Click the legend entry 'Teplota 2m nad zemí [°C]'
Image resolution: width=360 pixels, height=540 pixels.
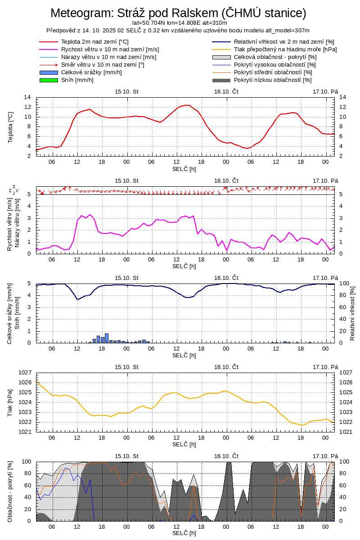tap(94, 42)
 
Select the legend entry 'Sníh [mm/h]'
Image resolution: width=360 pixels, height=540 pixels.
tap(77, 80)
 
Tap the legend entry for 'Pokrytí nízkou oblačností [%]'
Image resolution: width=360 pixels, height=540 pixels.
tap(273, 80)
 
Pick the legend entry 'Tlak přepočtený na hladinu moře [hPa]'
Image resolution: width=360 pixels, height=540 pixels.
tap(285, 49)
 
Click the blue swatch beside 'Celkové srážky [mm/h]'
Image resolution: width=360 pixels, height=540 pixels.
tap(49, 72)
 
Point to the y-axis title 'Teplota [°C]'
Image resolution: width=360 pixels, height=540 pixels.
tap(10, 127)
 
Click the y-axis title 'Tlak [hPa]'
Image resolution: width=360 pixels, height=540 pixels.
tap(10, 402)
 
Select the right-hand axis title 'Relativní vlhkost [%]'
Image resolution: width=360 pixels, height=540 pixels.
tap(352, 313)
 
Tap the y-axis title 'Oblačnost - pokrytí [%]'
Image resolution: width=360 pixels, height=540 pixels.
tap(10, 491)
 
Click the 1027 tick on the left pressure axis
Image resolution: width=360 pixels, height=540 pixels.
tap(25, 373)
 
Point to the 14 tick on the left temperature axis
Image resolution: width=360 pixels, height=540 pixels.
tap(27, 98)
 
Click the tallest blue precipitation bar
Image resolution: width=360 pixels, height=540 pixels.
tap(107, 338)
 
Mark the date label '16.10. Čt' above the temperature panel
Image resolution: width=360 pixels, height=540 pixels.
tap(226, 91)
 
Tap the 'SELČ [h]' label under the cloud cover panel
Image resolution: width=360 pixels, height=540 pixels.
tap(184, 533)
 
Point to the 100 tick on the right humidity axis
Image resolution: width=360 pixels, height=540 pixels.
tap(344, 283)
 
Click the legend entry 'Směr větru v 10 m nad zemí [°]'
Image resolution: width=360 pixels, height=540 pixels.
tap(103, 65)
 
